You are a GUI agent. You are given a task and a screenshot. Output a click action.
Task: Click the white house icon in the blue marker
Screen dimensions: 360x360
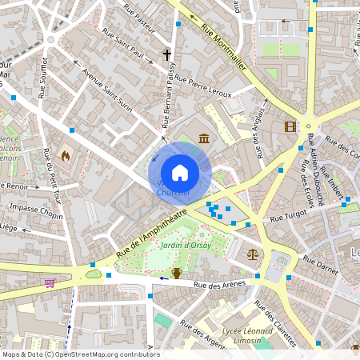point(180,172)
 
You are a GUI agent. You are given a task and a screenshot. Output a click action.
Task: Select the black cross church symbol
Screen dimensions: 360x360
point(167,55)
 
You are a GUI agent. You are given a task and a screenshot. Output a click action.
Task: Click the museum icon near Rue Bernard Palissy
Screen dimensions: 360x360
point(205,138)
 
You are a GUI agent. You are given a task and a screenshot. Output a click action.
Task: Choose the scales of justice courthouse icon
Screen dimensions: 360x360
point(253,254)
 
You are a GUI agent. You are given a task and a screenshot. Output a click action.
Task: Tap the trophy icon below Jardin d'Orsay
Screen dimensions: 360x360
point(177,273)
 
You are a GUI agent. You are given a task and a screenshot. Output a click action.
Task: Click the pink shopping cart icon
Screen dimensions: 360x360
point(50,282)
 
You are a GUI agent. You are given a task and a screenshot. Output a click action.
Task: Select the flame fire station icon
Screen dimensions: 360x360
point(66,154)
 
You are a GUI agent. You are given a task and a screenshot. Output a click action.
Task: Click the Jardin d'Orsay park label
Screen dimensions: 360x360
point(186,246)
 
